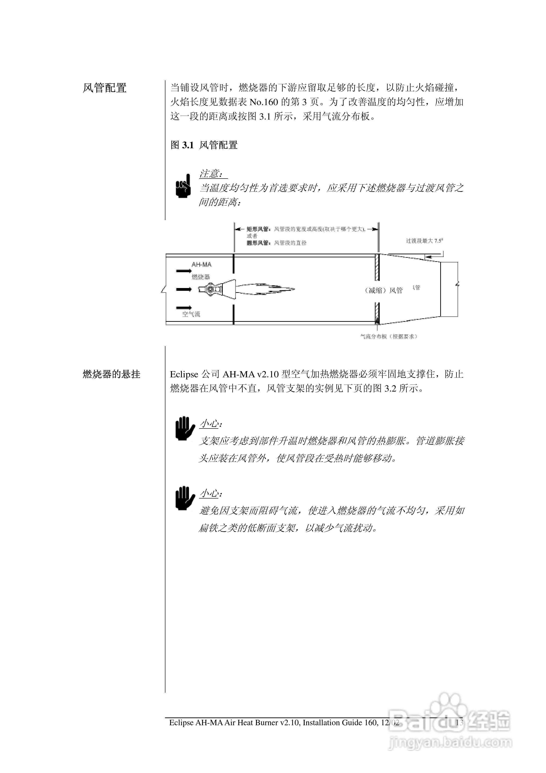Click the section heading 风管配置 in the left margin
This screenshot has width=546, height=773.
[x=105, y=88]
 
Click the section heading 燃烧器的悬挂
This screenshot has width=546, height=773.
[x=111, y=374]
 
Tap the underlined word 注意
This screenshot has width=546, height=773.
[x=211, y=174]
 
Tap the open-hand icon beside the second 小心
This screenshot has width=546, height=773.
[x=184, y=498]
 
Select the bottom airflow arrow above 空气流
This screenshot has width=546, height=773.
[x=184, y=307]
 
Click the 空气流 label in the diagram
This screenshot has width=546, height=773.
[x=191, y=314]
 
